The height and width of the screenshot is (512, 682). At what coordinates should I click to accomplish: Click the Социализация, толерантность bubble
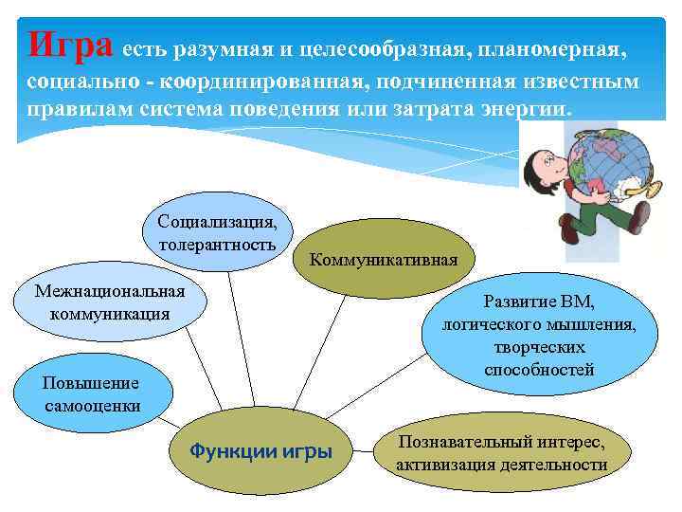point(218,233)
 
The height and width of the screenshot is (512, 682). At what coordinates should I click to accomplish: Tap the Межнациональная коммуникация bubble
point(110,302)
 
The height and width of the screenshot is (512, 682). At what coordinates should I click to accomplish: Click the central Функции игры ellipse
point(261,451)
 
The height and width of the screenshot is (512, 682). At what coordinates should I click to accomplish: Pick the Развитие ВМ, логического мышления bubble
point(539,336)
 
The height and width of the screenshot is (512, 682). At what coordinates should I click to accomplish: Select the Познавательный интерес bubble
point(501,453)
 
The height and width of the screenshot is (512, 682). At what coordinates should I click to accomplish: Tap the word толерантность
point(218,244)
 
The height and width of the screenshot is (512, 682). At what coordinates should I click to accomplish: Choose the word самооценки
point(92,406)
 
